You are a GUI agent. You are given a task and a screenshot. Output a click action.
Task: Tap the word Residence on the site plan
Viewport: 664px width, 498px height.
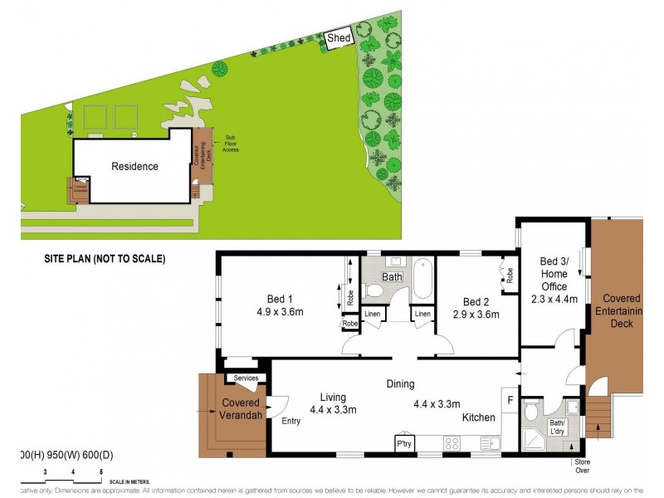134,167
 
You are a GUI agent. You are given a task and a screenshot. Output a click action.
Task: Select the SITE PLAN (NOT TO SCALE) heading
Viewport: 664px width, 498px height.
105,259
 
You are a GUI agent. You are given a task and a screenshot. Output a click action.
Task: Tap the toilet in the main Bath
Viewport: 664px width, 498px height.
375,290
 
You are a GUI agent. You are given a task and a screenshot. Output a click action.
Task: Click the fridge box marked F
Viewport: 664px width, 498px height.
510,399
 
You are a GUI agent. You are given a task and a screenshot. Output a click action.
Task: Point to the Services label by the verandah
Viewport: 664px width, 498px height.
247,378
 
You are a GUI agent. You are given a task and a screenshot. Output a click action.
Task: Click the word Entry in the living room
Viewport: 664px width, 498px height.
290,421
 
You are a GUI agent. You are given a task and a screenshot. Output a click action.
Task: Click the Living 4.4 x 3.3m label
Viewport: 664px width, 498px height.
333,403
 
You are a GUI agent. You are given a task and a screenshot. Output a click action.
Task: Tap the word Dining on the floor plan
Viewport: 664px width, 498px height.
400,384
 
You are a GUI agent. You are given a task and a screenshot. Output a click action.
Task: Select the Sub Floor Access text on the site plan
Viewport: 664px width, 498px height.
231,144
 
